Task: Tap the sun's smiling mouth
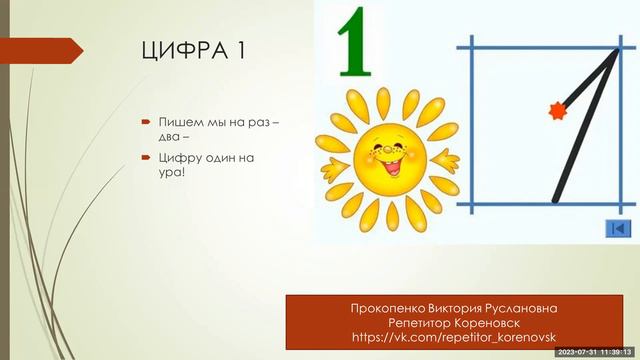tap(382, 160)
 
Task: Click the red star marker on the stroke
tap(557, 110)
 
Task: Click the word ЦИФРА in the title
tap(183, 52)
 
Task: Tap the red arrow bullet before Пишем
tap(145, 122)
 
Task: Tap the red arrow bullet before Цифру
tap(145, 158)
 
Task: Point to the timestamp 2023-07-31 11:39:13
tap(594, 352)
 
